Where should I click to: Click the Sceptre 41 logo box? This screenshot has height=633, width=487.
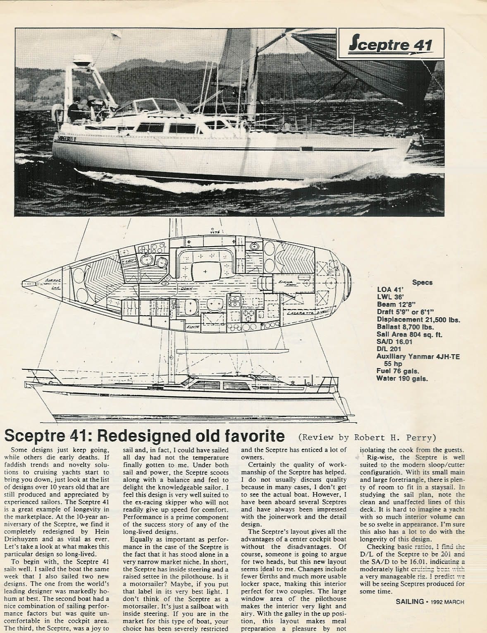click(390, 44)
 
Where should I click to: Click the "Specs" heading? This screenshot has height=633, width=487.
click(422, 283)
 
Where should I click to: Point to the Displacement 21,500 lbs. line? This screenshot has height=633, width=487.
click(418, 319)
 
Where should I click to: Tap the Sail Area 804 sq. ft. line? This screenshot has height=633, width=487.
click(409, 334)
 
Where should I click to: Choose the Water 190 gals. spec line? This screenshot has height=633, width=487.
click(402, 378)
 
